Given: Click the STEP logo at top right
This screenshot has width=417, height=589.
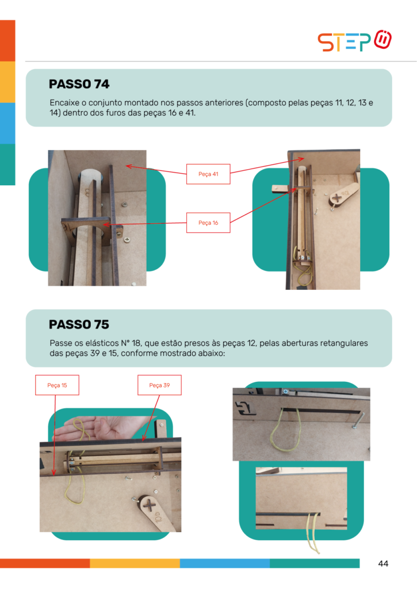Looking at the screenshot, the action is (x=354, y=40).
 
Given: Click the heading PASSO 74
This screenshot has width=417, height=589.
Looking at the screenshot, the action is (x=79, y=84).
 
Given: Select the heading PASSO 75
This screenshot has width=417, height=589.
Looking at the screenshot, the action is (x=79, y=324).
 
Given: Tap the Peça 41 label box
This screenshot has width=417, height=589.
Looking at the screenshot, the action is (x=208, y=174).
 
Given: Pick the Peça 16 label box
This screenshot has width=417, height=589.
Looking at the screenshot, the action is (x=208, y=223).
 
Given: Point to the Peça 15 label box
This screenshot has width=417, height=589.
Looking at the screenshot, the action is (x=57, y=385).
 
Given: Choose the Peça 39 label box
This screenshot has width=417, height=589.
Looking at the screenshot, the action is (x=159, y=385).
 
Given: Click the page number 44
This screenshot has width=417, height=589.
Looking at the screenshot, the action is (x=383, y=564).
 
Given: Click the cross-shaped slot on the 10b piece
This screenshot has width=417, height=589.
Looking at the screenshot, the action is (x=149, y=506).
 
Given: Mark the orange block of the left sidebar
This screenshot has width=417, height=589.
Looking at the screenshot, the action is (x=7, y=41).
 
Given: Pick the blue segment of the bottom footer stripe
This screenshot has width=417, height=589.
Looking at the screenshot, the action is (x=225, y=563).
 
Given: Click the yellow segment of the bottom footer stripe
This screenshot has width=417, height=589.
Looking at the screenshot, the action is (x=135, y=563).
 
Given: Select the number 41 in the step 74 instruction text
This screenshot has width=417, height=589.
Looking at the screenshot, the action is (x=190, y=113).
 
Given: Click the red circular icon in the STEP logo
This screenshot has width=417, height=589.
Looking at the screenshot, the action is (x=383, y=40).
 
